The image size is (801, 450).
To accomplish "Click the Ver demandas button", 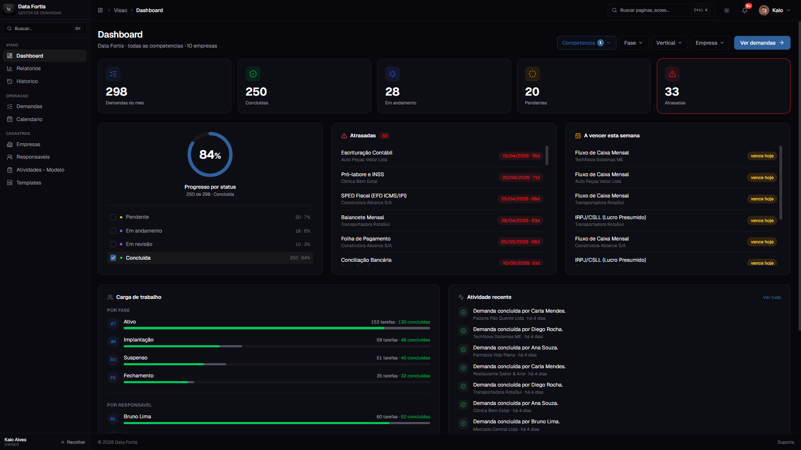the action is tap(762, 43).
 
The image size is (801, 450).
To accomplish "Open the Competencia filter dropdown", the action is tap(586, 43).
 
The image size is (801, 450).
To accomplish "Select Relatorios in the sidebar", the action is tap(28, 68).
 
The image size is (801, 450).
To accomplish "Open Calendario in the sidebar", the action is tap(29, 119).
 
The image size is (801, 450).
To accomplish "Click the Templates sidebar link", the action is tap(29, 183).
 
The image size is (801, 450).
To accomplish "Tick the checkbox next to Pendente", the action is tap(113, 217).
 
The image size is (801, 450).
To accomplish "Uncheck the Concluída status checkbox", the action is tap(113, 258).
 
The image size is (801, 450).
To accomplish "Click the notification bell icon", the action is tap(745, 10).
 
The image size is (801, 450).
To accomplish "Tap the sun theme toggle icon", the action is tap(727, 10).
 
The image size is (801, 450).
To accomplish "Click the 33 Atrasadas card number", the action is tap(672, 92).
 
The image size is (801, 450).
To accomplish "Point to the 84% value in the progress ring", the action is tap(210, 155).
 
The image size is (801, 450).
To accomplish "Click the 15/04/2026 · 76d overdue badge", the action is tap(521, 156).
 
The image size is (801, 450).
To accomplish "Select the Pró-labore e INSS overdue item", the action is tap(362, 174).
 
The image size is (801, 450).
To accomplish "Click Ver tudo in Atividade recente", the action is tap(772, 298).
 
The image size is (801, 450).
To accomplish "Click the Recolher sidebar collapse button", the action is tap(73, 442).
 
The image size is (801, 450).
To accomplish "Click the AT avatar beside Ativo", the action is tap(113, 324).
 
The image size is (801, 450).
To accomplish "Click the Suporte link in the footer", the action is tap(786, 442).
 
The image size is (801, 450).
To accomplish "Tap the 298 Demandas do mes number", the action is tap(117, 92).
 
